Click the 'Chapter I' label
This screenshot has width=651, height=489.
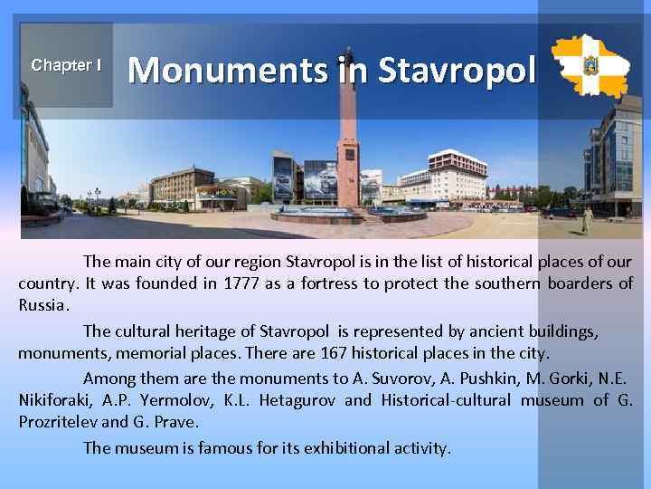[x=65, y=65]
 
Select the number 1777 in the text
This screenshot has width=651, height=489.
[x=238, y=283]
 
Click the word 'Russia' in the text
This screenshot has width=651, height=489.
[x=42, y=304]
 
